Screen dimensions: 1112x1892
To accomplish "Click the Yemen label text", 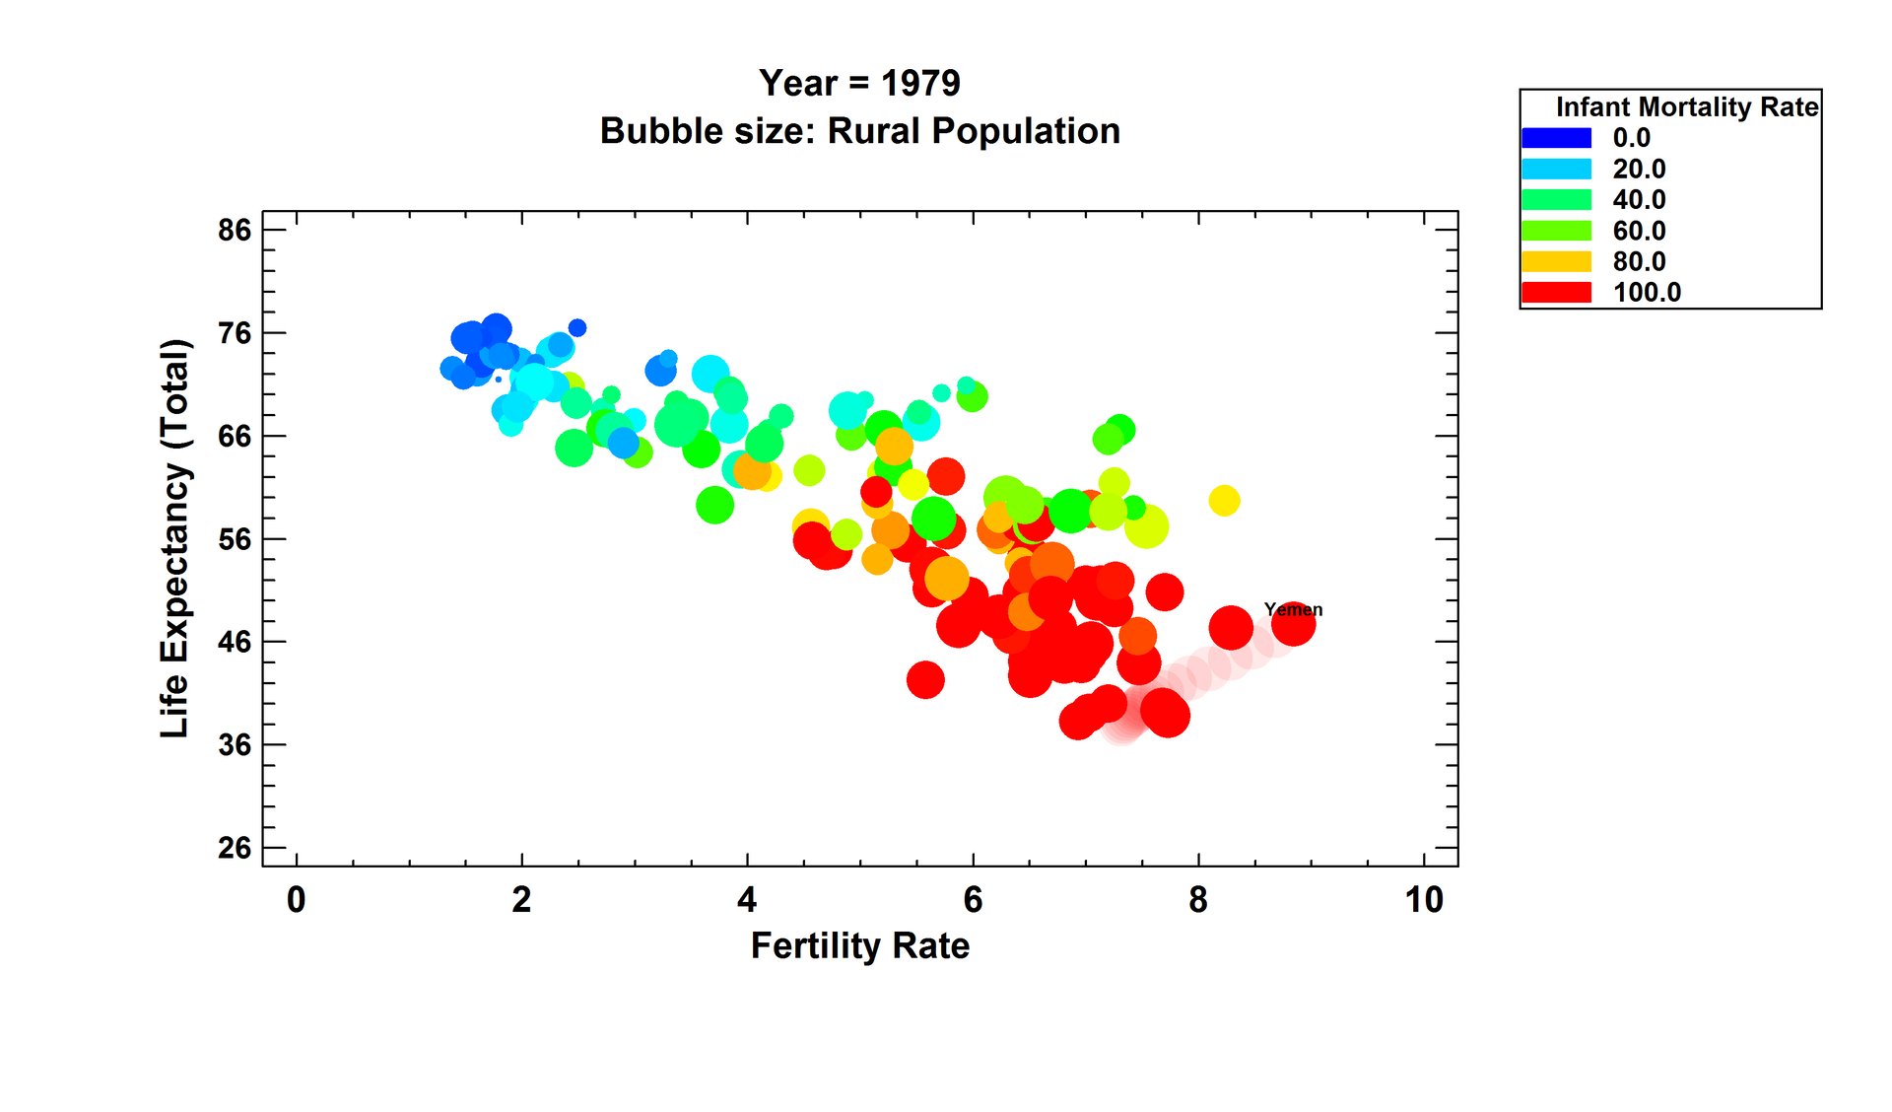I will pyautogui.click(x=1293, y=609).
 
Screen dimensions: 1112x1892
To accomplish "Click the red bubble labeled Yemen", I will pyautogui.click(x=1293, y=625).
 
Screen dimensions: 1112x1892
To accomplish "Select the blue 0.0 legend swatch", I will pyautogui.click(x=1556, y=138).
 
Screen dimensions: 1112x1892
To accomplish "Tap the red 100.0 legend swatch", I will pyautogui.click(x=1556, y=292).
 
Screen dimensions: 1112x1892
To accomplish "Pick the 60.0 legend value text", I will pyautogui.click(x=1639, y=231).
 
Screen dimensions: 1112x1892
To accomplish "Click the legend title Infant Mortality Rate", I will pyautogui.click(x=1686, y=106).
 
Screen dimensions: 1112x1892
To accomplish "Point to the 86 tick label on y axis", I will pyautogui.click(x=235, y=230).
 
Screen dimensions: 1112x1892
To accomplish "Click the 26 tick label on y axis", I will pyautogui.click(x=235, y=848).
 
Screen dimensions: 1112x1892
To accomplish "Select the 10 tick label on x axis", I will pyautogui.click(x=1424, y=900).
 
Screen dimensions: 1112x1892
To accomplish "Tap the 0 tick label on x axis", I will pyautogui.click(x=296, y=900).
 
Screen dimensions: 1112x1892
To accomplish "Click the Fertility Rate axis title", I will pyautogui.click(x=859, y=945).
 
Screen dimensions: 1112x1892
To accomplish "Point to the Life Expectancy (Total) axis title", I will pyautogui.click(x=174, y=538).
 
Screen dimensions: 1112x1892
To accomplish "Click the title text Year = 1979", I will pyautogui.click(x=859, y=83).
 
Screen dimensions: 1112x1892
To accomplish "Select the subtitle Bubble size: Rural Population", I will pyautogui.click(x=859, y=131).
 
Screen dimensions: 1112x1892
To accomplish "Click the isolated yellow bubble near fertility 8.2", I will pyautogui.click(x=1224, y=501).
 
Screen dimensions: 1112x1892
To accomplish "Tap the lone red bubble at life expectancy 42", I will pyautogui.click(x=925, y=679).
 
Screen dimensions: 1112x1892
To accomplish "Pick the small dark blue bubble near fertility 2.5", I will pyautogui.click(x=577, y=327).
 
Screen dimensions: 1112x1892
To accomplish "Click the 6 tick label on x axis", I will pyautogui.click(x=973, y=900).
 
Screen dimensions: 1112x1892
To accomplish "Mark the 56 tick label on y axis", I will pyautogui.click(x=235, y=539).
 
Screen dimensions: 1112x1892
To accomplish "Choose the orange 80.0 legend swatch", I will pyautogui.click(x=1556, y=261).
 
